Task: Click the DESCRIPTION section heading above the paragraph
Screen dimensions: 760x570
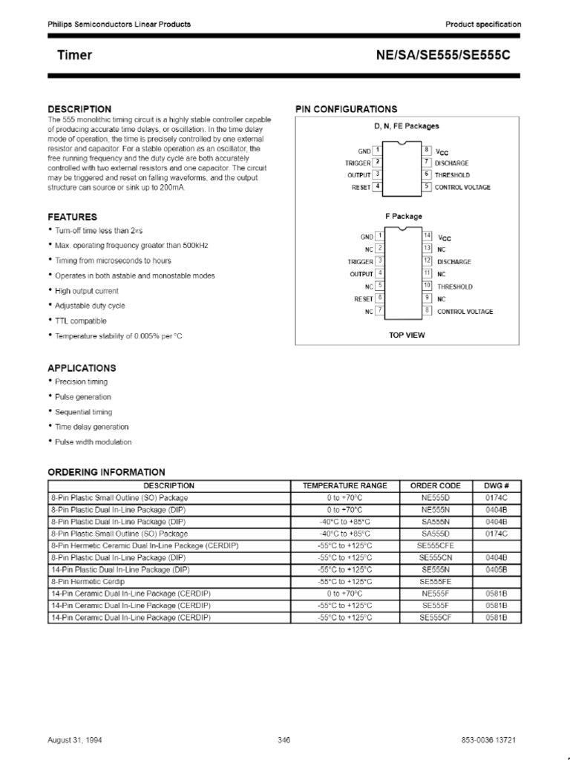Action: [79, 109]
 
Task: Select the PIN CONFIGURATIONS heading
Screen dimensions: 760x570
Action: [346, 109]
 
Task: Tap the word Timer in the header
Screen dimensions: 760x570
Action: [75, 56]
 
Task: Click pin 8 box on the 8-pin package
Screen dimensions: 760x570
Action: [427, 150]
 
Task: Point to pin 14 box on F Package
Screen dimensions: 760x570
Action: [427, 236]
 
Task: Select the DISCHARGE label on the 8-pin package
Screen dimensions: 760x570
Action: [452, 163]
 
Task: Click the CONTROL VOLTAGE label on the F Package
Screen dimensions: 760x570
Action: [465, 312]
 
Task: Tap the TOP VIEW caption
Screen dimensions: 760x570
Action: [407, 335]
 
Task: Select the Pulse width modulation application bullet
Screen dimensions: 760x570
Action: [93, 442]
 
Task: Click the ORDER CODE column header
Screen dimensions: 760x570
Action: [436, 485]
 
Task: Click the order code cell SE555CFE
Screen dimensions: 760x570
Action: [436, 545]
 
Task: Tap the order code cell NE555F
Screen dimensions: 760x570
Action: [436, 594]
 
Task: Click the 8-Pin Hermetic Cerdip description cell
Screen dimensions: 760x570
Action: [88, 582]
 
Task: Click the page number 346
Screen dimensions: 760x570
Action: [284, 741]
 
